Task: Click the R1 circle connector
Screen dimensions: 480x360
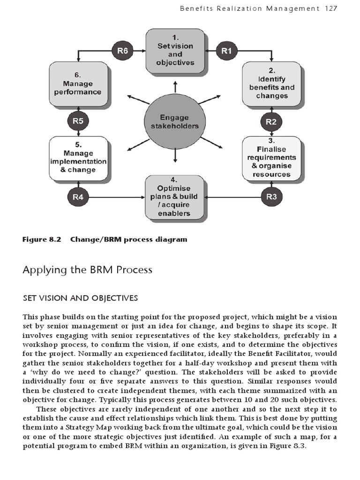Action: [x=227, y=51]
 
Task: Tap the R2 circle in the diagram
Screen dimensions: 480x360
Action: [x=271, y=122]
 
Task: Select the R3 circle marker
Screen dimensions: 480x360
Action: [x=271, y=196]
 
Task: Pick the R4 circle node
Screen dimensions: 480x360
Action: [x=78, y=197]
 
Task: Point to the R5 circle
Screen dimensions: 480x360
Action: [x=78, y=121]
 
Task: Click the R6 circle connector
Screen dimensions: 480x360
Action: [x=122, y=51]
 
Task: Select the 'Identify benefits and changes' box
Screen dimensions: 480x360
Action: [x=271, y=85]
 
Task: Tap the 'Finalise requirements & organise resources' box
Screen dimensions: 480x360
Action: [x=271, y=158]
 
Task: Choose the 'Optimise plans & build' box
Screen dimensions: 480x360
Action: [x=174, y=196]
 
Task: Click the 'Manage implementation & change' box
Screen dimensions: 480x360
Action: [x=78, y=158]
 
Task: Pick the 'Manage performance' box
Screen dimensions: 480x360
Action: [x=78, y=85]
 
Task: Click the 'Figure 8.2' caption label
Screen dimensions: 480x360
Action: [x=42, y=240]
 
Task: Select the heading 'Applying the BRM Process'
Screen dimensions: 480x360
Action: [x=88, y=270]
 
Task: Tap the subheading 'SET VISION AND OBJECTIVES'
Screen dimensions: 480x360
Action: [x=80, y=298]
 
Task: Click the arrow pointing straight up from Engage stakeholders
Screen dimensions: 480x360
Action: [x=175, y=87]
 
